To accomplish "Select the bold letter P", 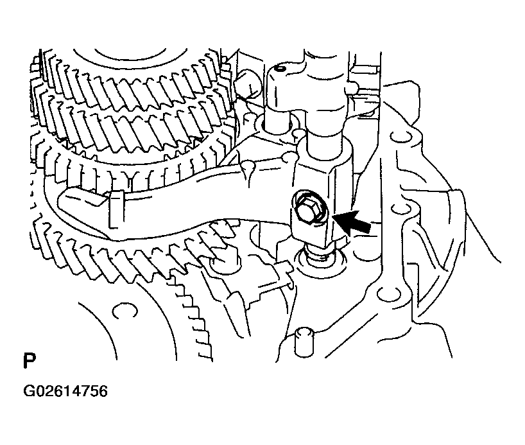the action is click(x=30, y=360).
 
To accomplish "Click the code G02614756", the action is click(x=65, y=392).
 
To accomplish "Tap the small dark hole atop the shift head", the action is click(x=279, y=69).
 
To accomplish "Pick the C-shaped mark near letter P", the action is click(x=125, y=310).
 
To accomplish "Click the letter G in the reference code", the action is click(x=28, y=392).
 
